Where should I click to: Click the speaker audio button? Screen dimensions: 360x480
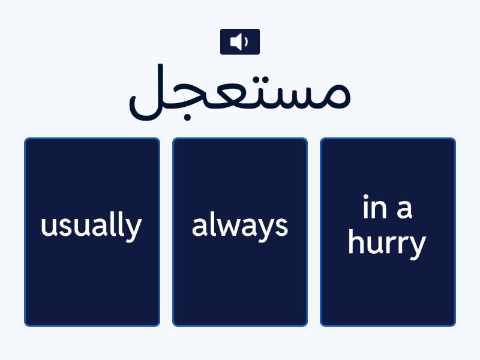(239, 41)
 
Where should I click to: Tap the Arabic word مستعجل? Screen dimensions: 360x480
(239, 93)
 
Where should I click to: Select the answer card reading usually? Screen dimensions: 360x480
(92, 232)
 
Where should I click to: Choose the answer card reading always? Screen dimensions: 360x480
(240, 232)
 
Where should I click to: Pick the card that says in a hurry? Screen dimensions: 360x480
(388, 232)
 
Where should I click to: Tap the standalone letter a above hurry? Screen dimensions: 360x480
(405, 209)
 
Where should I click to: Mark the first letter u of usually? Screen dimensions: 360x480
(47, 227)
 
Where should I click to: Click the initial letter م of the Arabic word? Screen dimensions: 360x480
(334, 96)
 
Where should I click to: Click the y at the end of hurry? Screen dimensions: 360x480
(418, 247)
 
